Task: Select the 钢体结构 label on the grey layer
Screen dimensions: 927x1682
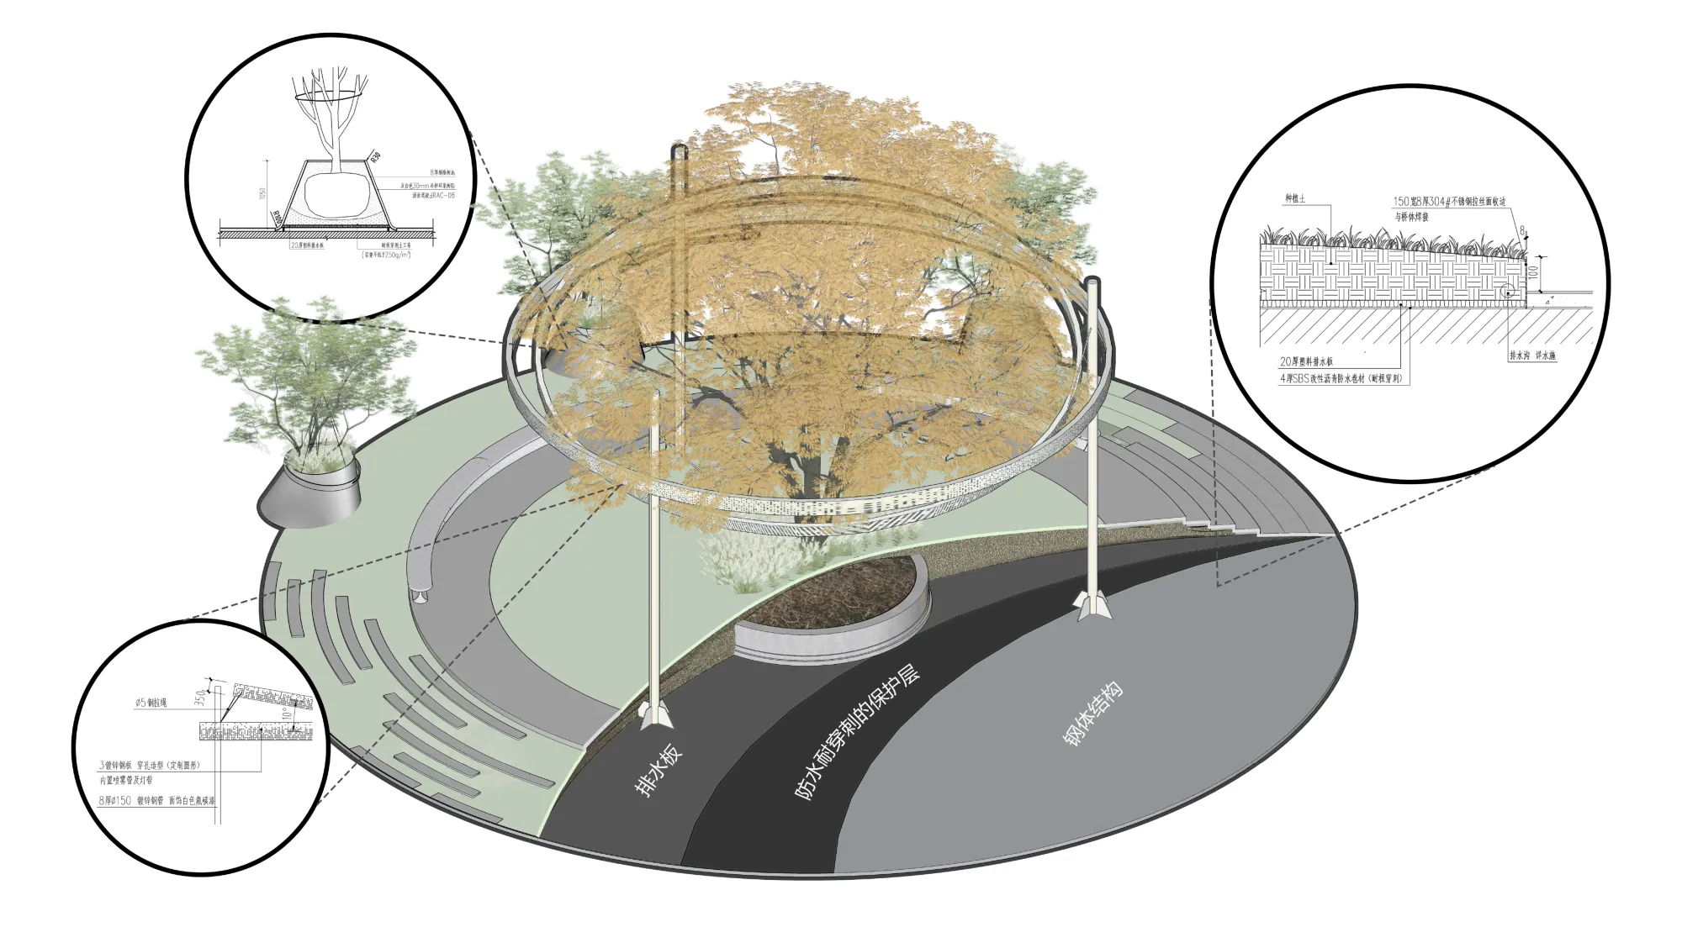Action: (x=1092, y=714)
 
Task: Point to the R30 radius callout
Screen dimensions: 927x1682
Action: (x=375, y=155)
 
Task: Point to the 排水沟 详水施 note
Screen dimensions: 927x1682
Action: (x=1532, y=356)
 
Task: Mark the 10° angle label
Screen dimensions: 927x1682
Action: (x=286, y=714)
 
